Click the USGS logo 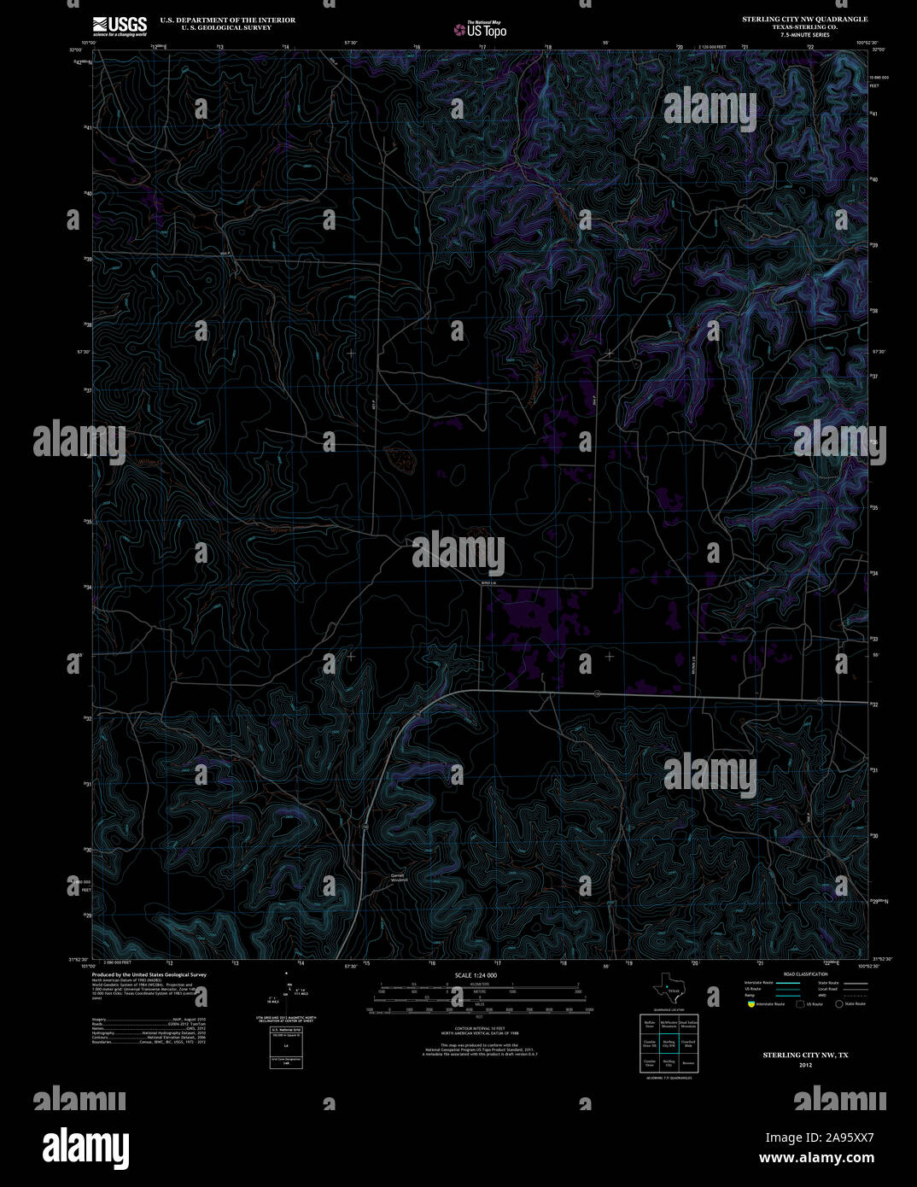pyautogui.click(x=120, y=26)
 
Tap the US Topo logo pyautogui.click(x=480, y=30)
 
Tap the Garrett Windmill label pyautogui.click(x=399, y=877)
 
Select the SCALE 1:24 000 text pyautogui.click(x=476, y=975)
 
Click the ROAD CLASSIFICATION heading pyautogui.click(x=805, y=974)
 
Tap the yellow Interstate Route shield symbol pyautogui.click(x=751, y=1004)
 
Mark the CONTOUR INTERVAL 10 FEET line pyautogui.click(x=476, y=1028)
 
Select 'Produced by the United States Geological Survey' pyautogui.click(x=149, y=974)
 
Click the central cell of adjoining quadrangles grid pyautogui.click(x=669, y=1043)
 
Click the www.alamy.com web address pyautogui.click(x=815, y=1158)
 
